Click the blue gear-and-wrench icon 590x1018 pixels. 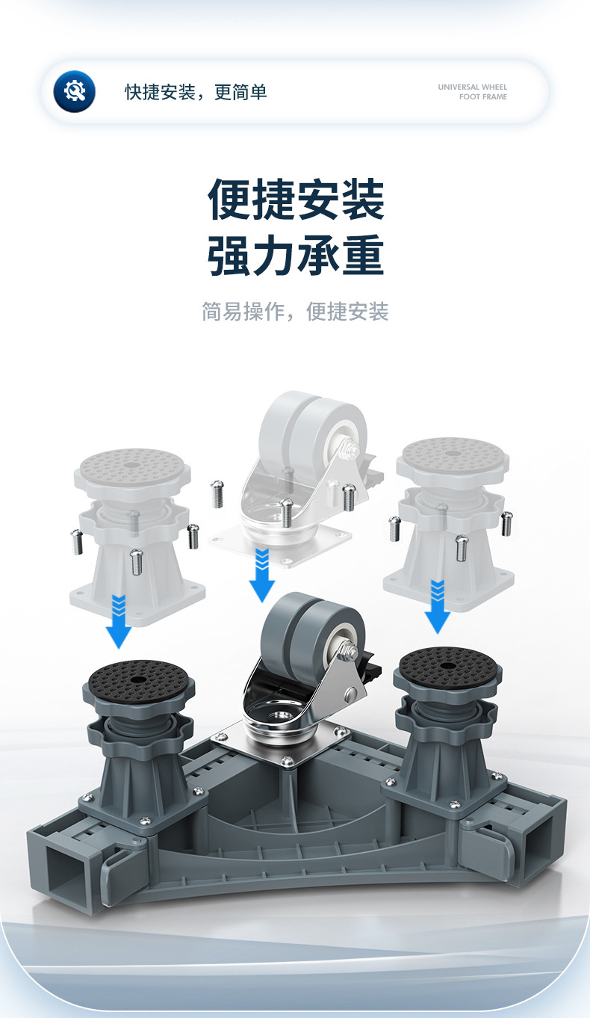coord(75,91)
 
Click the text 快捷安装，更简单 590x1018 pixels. coord(196,92)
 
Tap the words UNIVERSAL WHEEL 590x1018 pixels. coord(472,87)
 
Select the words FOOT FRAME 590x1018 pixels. coord(482,97)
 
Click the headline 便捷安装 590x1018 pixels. coord(296,199)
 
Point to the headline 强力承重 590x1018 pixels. coord(296,256)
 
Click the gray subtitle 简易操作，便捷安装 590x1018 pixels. coord(295,312)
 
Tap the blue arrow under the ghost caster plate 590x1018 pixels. coord(262,576)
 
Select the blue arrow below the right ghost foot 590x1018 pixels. coord(437,607)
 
